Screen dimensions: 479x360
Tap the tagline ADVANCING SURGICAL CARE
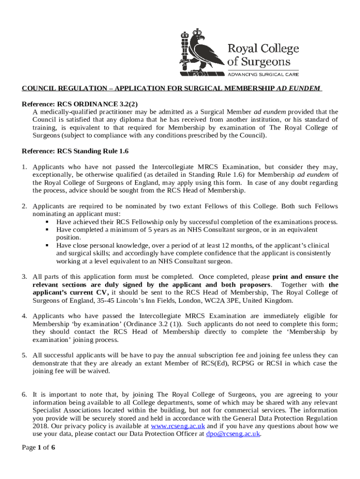[263, 74]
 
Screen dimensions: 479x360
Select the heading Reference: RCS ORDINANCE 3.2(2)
[80, 103]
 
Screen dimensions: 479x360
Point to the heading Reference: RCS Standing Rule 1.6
[75, 151]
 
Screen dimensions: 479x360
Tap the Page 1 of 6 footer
[39, 448]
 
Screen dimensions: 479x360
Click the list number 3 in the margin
[24, 276]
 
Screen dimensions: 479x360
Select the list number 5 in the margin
[24, 356]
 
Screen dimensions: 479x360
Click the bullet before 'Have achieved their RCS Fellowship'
[48, 222]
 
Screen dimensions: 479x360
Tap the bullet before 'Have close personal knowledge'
[48, 246]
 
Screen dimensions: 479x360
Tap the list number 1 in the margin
[24, 167]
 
